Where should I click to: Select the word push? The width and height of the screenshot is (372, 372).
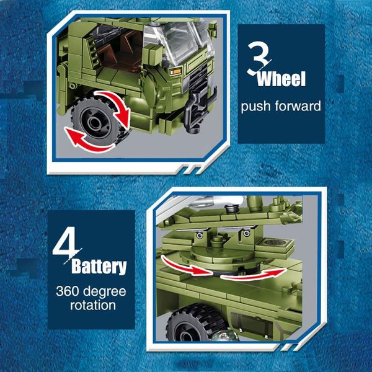tap(257, 106)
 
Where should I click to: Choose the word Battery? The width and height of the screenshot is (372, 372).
tap(99, 267)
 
